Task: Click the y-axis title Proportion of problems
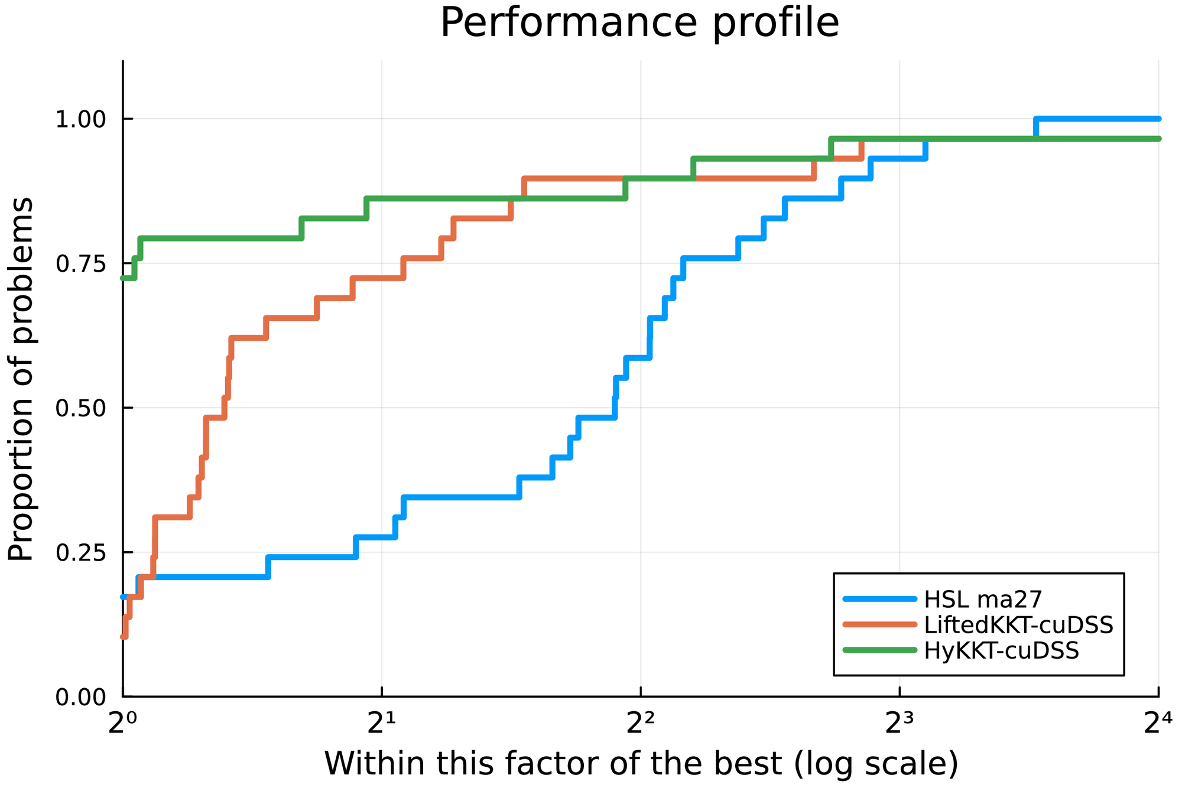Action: [x=21, y=379]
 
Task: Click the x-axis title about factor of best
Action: [x=641, y=763]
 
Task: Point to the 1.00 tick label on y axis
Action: [x=80, y=119]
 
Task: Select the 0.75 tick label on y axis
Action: [x=80, y=264]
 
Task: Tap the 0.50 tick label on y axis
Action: [x=80, y=408]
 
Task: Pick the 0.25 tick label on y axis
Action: [x=80, y=553]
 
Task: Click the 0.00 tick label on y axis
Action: [x=80, y=698]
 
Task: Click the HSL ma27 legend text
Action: [x=983, y=599]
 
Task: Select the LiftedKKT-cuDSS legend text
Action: [x=1018, y=624]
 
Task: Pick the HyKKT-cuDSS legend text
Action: [x=1001, y=650]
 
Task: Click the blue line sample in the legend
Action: [x=879, y=599]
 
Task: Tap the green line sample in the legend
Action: [x=879, y=650]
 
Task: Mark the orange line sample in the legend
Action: [x=879, y=624]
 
